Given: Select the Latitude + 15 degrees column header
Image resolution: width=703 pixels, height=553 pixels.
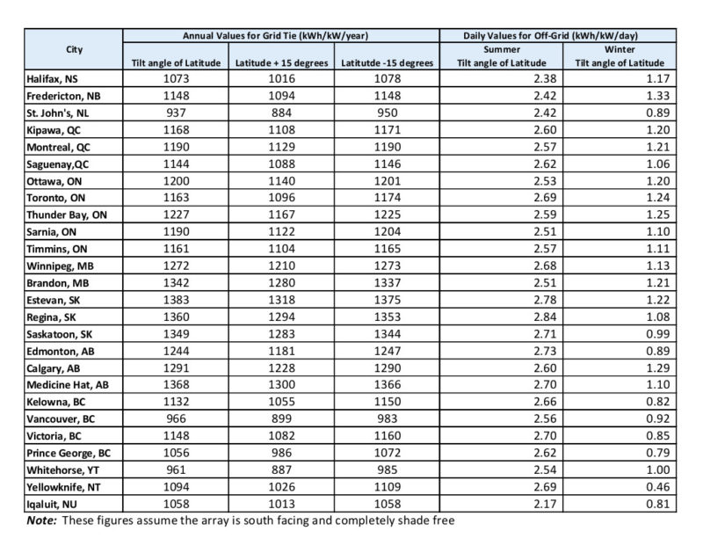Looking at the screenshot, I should pyautogui.click(x=282, y=63).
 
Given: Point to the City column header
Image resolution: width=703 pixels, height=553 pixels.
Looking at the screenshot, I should pyautogui.click(x=74, y=49).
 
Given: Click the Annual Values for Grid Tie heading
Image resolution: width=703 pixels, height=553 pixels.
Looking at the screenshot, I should pyautogui.click(x=274, y=35).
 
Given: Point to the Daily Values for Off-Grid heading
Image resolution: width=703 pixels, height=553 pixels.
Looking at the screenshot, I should pyautogui.click(x=550, y=35).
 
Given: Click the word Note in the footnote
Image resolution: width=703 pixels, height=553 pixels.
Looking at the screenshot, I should pyautogui.click(x=42, y=520).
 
